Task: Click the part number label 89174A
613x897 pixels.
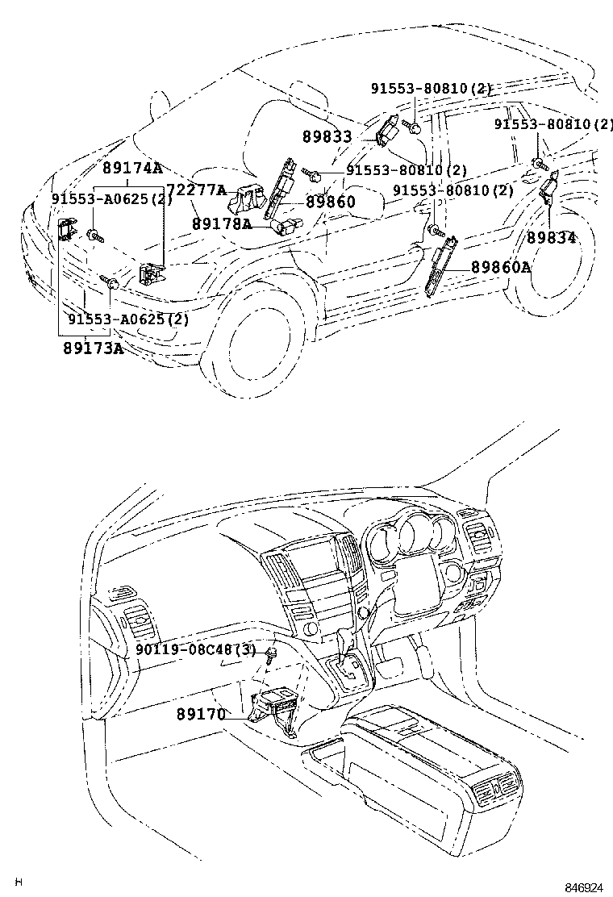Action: (x=132, y=169)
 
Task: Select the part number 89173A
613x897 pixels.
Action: (x=93, y=348)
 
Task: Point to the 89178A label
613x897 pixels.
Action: (x=221, y=223)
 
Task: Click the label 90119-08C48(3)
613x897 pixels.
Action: (x=194, y=649)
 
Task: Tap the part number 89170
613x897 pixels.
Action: (x=201, y=714)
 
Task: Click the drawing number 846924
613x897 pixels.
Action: (x=583, y=887)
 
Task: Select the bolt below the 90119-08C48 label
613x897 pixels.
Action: (x=273, y=654)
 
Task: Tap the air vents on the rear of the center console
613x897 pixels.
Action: (x=499, y=789)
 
